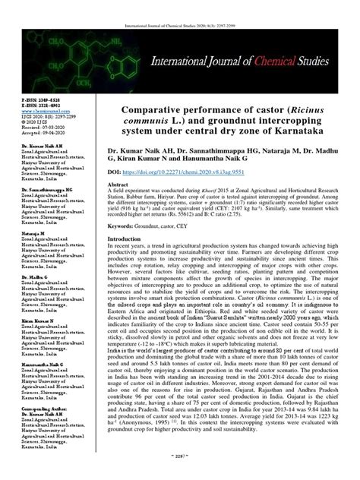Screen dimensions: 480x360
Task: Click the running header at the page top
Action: pos(179,5)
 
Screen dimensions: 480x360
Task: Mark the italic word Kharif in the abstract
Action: pos(214,212)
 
